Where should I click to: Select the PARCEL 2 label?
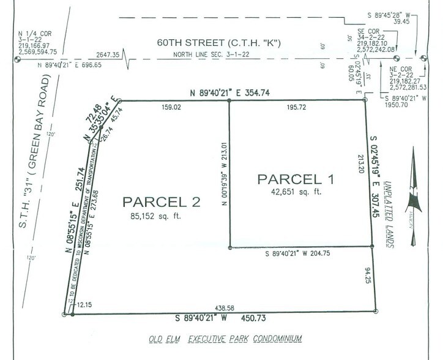tap(152, 201)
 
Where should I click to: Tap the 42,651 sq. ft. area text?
tap(297, 193)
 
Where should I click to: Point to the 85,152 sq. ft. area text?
tap(152, 216)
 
